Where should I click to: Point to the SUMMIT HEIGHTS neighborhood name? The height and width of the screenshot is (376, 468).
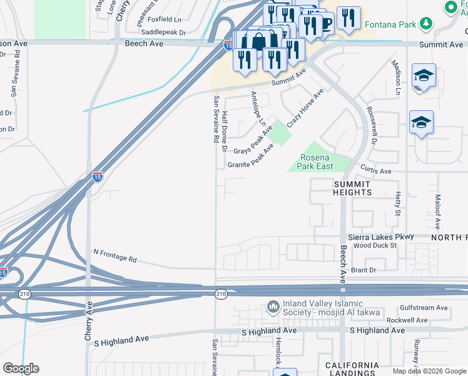(353, 187)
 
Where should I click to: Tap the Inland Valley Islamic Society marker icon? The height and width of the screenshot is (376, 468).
(273, 307)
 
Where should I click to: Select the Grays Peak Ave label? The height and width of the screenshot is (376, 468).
(253, 142)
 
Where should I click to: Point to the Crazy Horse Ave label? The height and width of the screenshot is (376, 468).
(305, 108)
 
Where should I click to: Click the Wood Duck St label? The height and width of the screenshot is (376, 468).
(375, 246)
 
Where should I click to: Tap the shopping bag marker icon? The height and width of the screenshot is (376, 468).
(258, 41)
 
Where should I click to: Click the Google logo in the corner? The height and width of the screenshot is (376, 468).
(21, 368)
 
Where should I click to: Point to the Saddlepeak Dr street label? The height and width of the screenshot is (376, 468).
(164, 32)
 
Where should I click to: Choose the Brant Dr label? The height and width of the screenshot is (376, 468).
(364, 270)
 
